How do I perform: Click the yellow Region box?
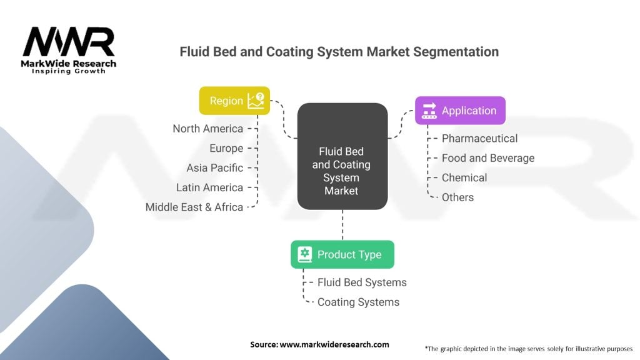click(x=234, y=101)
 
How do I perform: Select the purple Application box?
click(x=460, y=111)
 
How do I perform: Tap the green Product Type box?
click(x=342, y=254)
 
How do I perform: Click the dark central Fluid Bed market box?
click(x=342, y=156)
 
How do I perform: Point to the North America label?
click(x=207, y=129)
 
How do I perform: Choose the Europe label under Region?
click(x=226, y=148)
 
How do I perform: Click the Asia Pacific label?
click(x=215, y=167)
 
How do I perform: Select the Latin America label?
click(x=209, y=187)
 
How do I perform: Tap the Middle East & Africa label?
click(x=194, y=207)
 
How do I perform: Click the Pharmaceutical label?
click(x=479, y=138)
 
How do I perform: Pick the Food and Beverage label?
click(x=488, y=158)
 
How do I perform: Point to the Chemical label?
click(x=464, y=177)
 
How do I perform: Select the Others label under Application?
click(x=457, y=197)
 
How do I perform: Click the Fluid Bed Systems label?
click(x=362, y=282)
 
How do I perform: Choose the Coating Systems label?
click(x=358, y=302)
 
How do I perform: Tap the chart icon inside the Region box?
click(x=256, y=101)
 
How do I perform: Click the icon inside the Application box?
click(x=429, y=111)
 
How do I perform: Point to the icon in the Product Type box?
click(x=305, y=254)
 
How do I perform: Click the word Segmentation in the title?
click(x=456, y=52)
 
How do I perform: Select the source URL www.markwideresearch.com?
click(x=334, y=344)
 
